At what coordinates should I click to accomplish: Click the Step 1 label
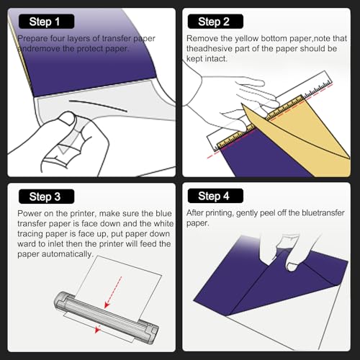tap(46, 22)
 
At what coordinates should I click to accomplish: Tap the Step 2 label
tap(215, 22)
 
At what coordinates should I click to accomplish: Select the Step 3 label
tap(46, 197)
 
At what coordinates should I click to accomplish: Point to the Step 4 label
tap(215, 196)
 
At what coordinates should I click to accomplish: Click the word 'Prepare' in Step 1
tap(32, 39)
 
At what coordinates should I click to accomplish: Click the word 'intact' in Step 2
tap(215, 58)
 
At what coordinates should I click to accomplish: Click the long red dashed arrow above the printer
tap(113, 292)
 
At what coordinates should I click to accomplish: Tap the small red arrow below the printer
tap(97, 329)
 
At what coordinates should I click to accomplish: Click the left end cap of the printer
tap(60, 300)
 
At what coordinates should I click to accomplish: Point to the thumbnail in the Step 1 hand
tap(67, 118)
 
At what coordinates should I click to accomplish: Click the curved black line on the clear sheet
tap(98, 105)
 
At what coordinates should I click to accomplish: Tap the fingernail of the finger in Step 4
tap(292, 267)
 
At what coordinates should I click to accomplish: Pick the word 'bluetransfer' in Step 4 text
tap(323, 212)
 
